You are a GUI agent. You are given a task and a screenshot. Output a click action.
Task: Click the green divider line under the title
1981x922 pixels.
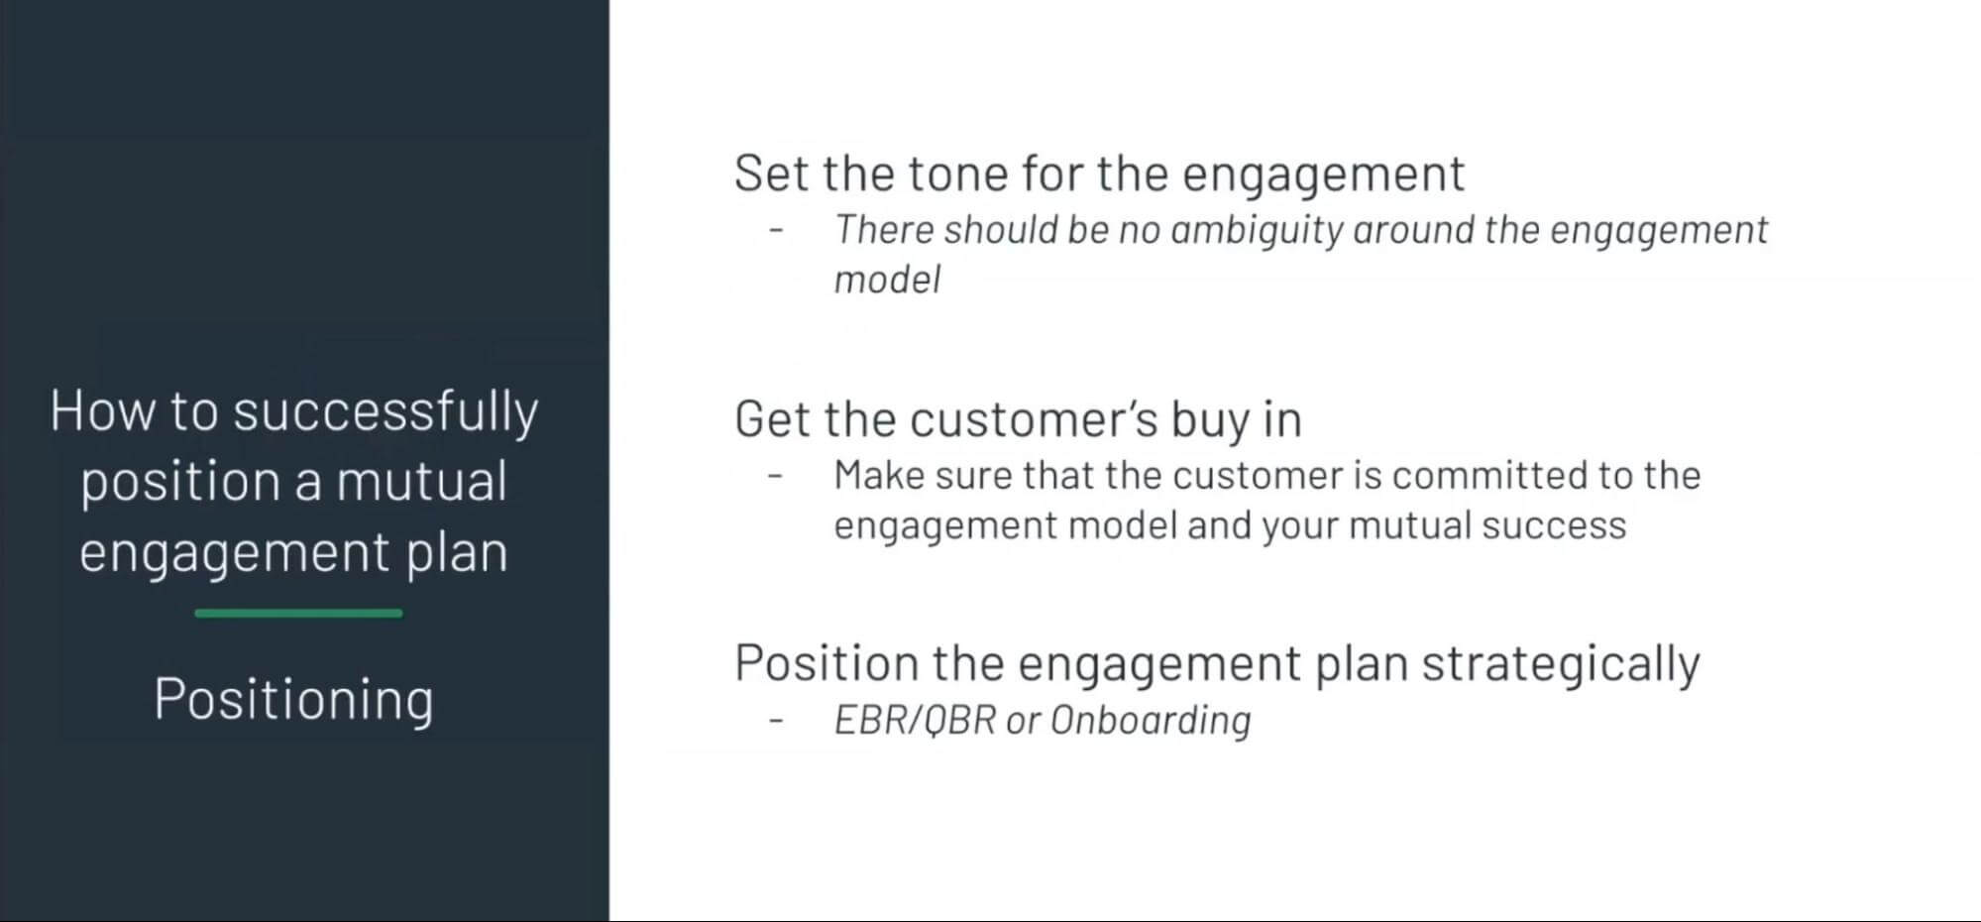298,614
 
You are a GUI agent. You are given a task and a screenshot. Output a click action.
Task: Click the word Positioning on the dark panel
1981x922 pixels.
293,699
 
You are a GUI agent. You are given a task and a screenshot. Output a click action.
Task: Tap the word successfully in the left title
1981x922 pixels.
385,411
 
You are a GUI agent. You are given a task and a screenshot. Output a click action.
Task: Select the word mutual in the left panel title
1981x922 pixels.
421,482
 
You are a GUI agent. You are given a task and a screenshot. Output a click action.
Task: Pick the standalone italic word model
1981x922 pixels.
887,280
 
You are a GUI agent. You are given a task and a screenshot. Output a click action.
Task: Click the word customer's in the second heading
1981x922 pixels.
1034,419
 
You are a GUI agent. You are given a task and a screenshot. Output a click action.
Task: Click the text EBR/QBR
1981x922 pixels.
914,720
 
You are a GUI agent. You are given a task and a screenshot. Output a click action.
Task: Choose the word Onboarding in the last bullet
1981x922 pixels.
1150,720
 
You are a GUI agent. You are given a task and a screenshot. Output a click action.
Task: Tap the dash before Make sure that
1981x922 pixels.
776,477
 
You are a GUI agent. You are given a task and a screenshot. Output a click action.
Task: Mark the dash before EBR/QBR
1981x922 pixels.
776,721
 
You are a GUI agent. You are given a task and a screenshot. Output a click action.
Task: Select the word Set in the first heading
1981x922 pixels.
771,173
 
